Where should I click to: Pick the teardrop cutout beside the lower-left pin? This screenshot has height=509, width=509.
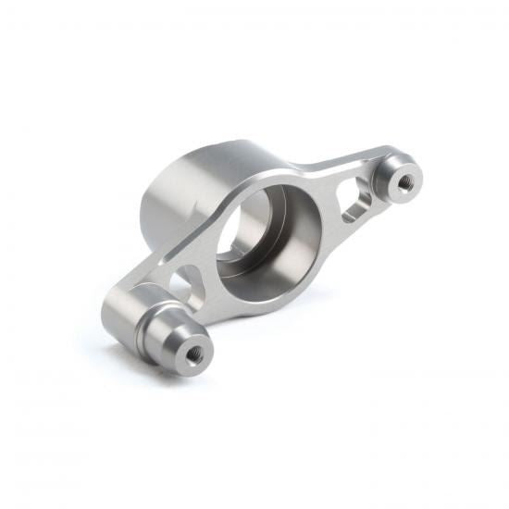(187, 282)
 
